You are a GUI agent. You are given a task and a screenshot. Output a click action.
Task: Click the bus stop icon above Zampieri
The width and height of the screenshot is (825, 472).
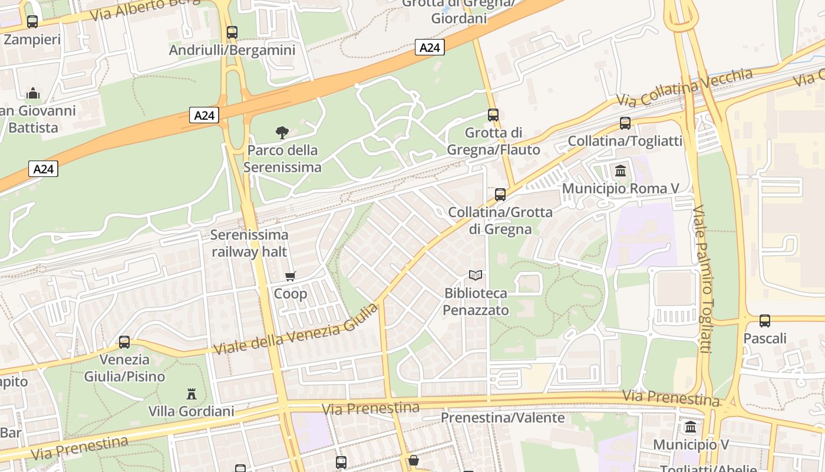(32, 22)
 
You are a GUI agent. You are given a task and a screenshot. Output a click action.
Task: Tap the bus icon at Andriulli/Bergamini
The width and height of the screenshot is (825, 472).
(232, 32)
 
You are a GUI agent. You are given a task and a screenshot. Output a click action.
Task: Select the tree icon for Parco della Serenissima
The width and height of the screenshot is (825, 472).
(282, 133)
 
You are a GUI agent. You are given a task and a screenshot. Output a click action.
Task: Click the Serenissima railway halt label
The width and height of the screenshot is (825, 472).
(249, 244)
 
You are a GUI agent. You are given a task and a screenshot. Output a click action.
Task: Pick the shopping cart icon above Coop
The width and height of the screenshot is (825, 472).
(291, 276)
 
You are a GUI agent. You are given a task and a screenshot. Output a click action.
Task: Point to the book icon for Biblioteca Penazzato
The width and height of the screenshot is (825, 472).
(476, 275)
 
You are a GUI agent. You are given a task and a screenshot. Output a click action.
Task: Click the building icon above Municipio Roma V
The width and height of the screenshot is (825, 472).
(621, 171)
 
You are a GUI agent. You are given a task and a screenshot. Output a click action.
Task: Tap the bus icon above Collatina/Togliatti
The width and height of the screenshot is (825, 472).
(625, 123)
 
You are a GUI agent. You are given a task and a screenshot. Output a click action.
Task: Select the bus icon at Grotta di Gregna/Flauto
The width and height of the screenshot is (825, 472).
(493, 115)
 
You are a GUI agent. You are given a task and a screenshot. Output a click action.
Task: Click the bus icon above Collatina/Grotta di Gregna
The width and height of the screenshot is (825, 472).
(500, 194)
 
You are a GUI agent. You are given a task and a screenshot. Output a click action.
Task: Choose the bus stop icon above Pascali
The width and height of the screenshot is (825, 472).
(765, 321)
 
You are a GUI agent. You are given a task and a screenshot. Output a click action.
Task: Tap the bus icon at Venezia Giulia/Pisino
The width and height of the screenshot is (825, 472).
(124, 342)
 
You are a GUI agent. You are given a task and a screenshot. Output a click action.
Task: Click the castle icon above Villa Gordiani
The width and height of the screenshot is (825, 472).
(191, 394)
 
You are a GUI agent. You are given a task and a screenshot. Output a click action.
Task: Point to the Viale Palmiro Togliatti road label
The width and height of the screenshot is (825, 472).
(703, 279)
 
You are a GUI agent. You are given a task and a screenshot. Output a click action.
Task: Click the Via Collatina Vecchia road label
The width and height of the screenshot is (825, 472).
(685, 87)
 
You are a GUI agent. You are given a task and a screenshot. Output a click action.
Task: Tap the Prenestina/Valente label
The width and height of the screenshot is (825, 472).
(503, 418)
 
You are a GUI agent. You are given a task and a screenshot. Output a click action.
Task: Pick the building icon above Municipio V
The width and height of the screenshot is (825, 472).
(691, 427)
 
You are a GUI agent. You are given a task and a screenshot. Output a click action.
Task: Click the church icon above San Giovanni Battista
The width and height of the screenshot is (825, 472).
(33, 93)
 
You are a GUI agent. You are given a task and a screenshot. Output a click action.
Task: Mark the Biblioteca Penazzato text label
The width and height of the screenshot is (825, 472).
(476, 301)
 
